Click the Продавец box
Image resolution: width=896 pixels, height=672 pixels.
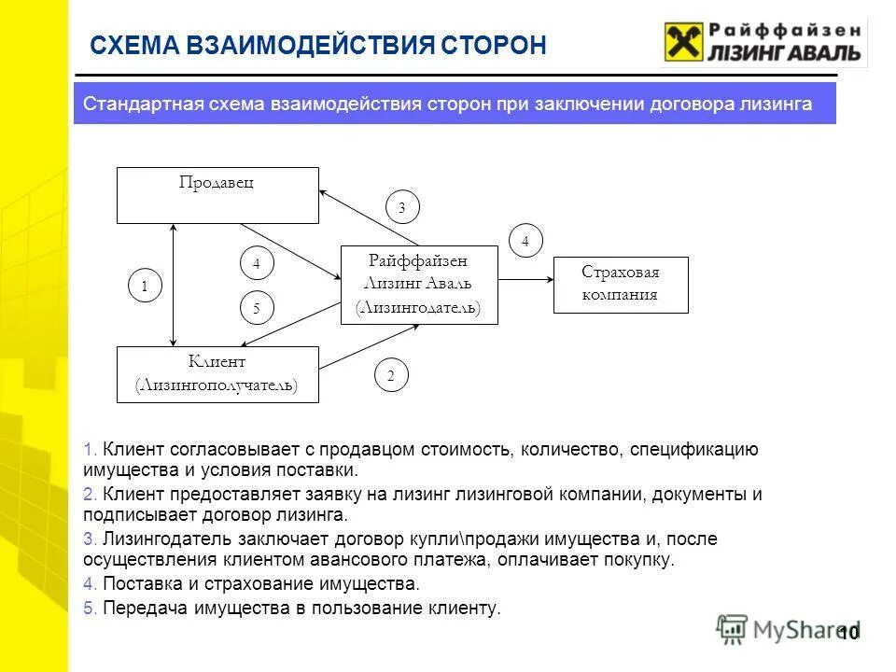tap(217, 195)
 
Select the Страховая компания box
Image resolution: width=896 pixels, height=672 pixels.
tap(621, 285)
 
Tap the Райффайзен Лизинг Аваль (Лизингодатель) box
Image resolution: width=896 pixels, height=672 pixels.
tap(419, 285)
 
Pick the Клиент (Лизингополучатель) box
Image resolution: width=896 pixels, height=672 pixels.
tap(217, 374)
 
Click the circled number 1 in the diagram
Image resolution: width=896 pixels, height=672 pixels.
tap(145, 287)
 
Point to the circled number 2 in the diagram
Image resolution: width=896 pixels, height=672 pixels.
tap(391, 376)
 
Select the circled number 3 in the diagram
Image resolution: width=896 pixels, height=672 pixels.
tap(402, 208)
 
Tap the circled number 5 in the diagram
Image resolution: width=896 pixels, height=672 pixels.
tap(257, 307)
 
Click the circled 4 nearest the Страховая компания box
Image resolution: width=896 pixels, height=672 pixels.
tap(525, 241)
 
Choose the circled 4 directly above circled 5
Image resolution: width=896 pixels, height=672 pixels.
tap(257, 264)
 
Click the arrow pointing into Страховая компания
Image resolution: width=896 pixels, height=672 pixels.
tap(526, 278)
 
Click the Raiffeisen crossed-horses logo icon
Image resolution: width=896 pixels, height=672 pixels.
tap(683, 43)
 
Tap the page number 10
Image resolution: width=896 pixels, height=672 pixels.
tap(847, 634)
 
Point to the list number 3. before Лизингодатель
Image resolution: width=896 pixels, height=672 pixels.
tap(90, 539)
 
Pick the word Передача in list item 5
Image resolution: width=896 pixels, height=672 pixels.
tap(138, 608)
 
